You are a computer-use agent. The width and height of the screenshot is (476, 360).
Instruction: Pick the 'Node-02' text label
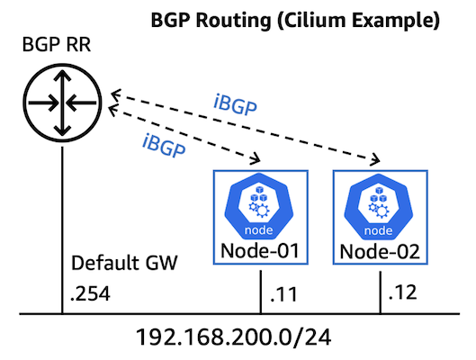[x=379, y=248]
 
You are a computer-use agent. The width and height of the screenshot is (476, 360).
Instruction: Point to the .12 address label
[x=399, y=293]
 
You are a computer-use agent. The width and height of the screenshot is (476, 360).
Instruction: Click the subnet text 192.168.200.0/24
[x=237, y=338]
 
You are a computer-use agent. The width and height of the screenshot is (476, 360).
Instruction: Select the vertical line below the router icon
[x=61, y=225]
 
